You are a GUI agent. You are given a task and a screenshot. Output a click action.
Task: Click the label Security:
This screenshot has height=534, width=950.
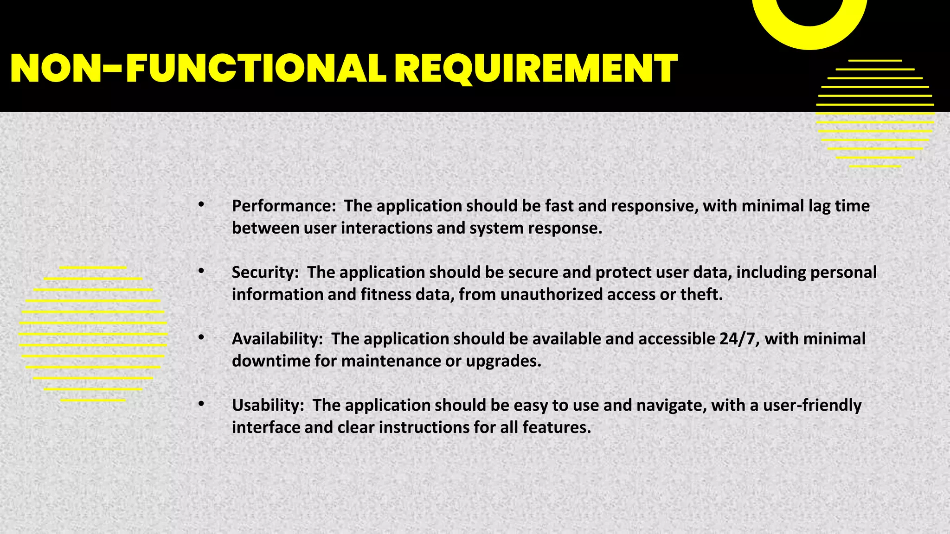[265, 272]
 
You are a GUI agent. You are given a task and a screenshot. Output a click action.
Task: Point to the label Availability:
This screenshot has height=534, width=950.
[277, 339]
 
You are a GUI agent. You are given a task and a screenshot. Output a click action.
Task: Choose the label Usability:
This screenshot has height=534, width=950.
[268, 405]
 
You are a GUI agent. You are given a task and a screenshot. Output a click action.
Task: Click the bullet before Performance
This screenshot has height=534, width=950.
[201, 204]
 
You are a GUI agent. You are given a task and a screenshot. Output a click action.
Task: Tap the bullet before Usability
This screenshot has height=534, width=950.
[201, 404]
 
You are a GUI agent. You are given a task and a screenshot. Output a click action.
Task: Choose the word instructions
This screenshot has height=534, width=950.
[424, 427]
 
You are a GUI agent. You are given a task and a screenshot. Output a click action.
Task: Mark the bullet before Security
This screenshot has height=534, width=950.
[201, 271]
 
